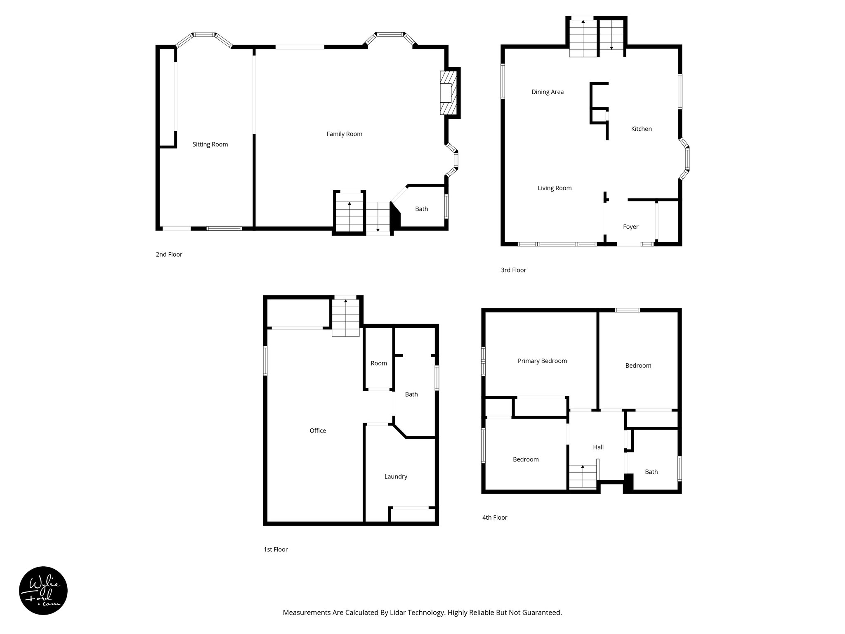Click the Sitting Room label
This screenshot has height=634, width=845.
(x=210, y=144)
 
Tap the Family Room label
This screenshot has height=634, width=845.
(x=344, y=134)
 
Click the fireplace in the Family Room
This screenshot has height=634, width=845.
(x=448, y=93)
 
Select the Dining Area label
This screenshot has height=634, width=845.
(x=547, y=92)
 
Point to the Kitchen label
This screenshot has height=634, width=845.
(x=641, y=129)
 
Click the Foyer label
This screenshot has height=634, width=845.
(x=630, y=227)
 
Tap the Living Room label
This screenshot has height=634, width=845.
(x=555, y=188)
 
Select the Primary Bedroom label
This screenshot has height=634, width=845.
(x=542, y=361)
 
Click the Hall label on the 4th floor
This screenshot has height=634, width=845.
(x=598, y=447)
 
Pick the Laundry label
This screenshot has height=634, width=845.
(x=396, y=477)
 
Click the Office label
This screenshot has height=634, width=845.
(x=318, y=431)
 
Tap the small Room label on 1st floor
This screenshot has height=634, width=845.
(x=378, y=363)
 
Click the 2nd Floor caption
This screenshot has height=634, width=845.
(x=169, y=255)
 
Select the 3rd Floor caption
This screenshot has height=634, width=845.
(x=513, y=270)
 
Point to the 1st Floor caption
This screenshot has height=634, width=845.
(x=276, y=549)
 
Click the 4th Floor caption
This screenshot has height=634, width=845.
(x=494, y=518)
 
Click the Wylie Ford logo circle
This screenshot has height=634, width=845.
(x=43, y=591)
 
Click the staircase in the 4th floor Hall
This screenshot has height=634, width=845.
(x=583, y=477)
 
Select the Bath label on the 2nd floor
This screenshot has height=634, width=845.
(x=421, y=209)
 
